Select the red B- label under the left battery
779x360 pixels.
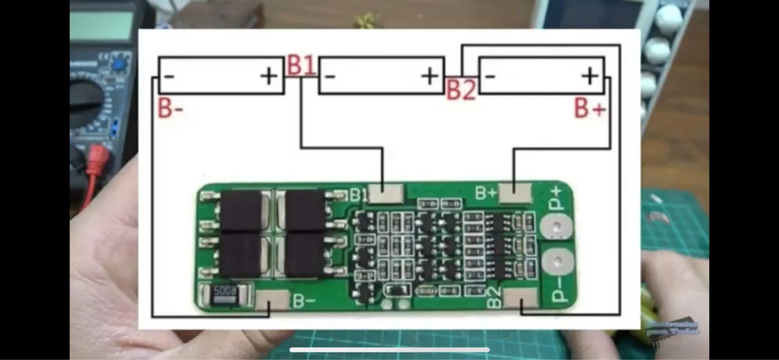point(170,108)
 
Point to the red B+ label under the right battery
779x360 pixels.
point(590,108)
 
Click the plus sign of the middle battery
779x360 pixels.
point(430,76)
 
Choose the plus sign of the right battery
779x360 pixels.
point(590,76)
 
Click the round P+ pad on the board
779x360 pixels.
point(557,227)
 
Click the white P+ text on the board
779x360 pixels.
point(556,199)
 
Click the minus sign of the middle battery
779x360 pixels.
point(330,76)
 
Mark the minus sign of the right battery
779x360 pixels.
point(490,76)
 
